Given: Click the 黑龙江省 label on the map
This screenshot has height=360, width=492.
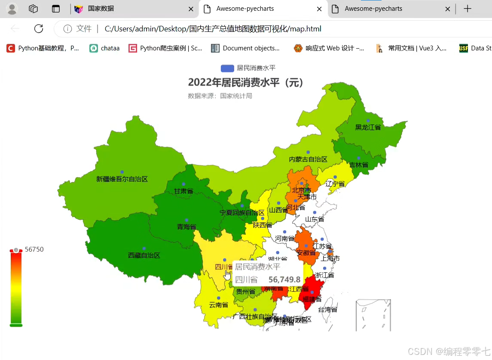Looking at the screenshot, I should pyautogui.click(x=368, y=127).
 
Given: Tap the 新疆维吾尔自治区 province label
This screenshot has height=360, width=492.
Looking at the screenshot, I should pyautogui.click(x=122, y=179).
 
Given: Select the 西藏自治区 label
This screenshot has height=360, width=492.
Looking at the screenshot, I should pyautogui.click(x=144, y=255).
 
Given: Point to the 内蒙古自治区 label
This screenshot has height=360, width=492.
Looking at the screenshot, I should pyautogui.click(x=308, y=159).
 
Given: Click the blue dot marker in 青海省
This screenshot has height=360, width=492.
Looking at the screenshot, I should pyautogui.click(x=186, y=220).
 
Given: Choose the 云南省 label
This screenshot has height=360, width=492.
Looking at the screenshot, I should pyautogui.click(x=218, y=305).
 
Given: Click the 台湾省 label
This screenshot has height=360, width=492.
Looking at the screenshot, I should pyautogui.click(x=327, y=309).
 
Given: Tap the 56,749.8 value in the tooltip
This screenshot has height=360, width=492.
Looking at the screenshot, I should pyautogui.click(x=284, y=280).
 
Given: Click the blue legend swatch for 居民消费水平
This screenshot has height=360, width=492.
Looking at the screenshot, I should pyautogui.click(x=227, y=68).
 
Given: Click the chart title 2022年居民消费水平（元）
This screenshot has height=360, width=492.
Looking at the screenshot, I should pyautogui.click(x=246, y=83).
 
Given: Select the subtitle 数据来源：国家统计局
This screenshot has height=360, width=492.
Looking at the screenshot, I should pyautogui.click(x=220, y=96).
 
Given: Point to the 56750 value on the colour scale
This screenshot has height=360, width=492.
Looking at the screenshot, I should pyautogui.click(x=34, y=249).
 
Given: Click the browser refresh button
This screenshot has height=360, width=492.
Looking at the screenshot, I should pyautogui.click(x=39, y=29).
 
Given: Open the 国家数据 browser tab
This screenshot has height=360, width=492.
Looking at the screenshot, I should pyautogui.click(x=101, y=9).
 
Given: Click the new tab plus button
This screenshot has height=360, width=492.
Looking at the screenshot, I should pyautogui.click(x=468, y=9).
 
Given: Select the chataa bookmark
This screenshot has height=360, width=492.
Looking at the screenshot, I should pyautogui.click(x=110, y=48).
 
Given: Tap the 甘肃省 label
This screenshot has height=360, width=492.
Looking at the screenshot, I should pyautogui.click(x=183, y=191).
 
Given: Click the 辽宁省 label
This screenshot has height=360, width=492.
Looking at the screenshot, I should pyautogui.click(x=335, y=184).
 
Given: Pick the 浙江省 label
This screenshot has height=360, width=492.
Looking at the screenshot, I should pyautogui.click(x=324, y=275).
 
